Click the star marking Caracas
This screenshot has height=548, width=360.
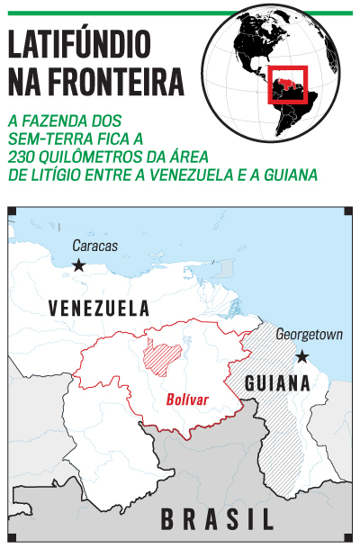pos(79,265)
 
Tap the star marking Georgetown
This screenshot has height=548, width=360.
pos(301,356)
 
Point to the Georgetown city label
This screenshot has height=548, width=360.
pos(309,335)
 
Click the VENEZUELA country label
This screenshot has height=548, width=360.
pos(99,308)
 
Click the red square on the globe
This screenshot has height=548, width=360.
pos(288,86)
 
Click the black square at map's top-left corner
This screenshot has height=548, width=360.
pos(12,211)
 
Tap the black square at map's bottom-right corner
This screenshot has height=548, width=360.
pos(348,537)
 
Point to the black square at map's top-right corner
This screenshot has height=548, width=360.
pos(348,211)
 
